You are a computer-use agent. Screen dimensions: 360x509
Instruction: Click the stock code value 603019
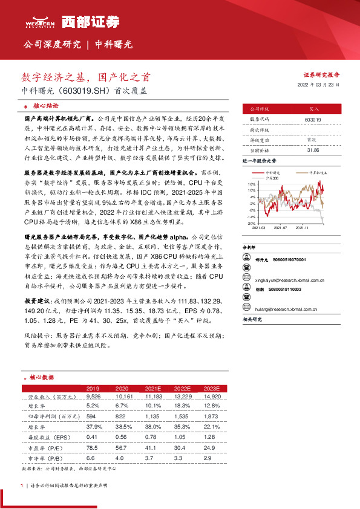point(313,120)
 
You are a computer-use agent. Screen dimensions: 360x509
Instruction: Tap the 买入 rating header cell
point(313,109)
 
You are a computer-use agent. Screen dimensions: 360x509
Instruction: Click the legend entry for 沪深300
point(273,178)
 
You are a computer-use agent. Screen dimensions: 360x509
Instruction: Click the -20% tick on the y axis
point(250,224)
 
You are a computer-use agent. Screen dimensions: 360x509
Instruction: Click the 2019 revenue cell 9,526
point(93,396)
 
